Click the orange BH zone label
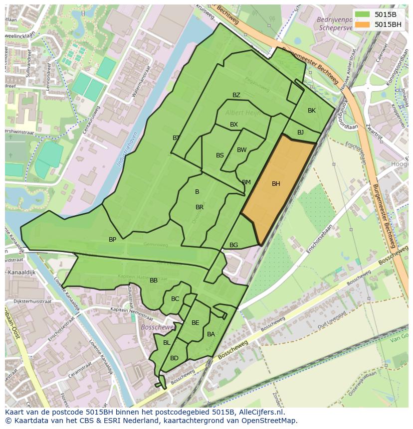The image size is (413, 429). pos(276,184)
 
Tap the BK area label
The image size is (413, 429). pos(312,111)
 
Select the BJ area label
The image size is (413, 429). pos(300,133)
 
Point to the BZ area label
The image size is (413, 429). pos(236,95)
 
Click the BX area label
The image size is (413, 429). pos(234,125)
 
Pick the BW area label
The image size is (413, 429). pos(242,150)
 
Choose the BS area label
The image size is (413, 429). pos(220,155)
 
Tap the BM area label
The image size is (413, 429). pos(246,182)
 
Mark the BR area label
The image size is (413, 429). pos(200,207)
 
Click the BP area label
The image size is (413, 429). pos(113,240)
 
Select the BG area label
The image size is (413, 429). pos(234,245)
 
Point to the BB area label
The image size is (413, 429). pos(154,281)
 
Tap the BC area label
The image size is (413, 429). pos(175,299)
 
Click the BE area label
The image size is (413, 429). pos(196,323)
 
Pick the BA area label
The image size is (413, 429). pos(211,334)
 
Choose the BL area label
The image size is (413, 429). pos(167,343)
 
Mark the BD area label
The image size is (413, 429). pos(174,358)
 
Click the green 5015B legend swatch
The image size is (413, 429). pos(363,15)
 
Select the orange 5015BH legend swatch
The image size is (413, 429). pos(363,24)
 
